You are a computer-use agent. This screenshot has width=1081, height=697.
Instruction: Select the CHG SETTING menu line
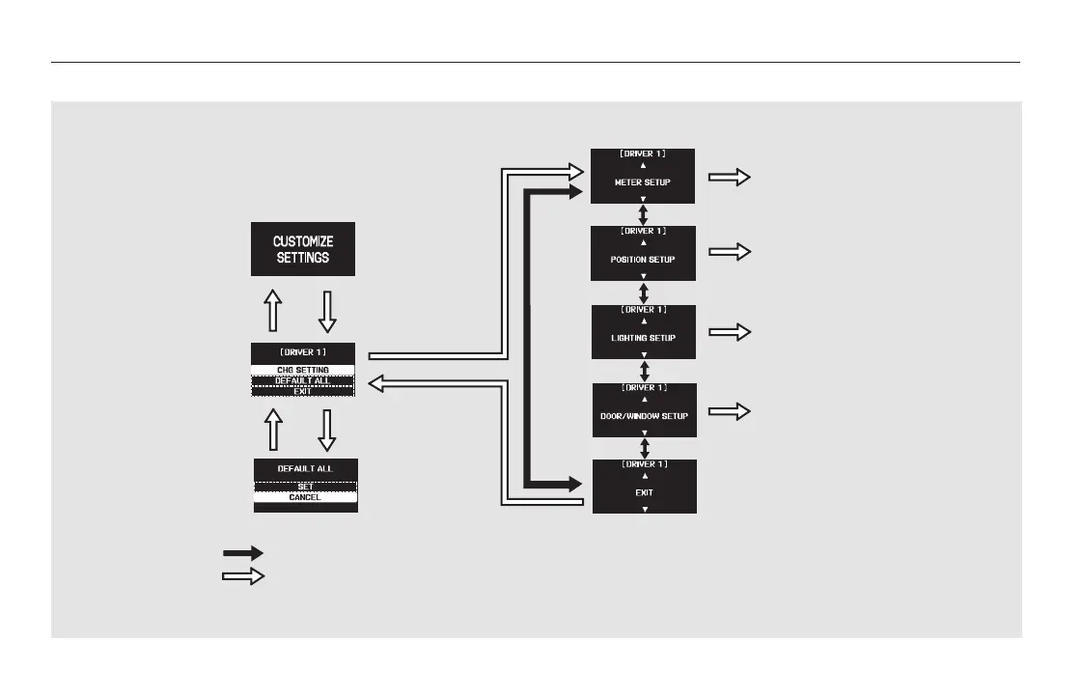pyautogui.click(x=303, y=370)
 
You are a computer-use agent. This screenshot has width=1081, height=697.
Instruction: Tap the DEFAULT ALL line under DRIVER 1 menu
pyautogui.click(x=303, y=380)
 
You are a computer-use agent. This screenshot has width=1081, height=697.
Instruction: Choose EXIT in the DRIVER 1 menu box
pyautogui.click(x=303, y=391)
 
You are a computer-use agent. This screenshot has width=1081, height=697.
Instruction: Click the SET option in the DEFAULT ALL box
pyautogui.click(x=305, y=487)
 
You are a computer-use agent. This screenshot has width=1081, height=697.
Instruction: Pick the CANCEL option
pyautogui.click(x=305, y=497)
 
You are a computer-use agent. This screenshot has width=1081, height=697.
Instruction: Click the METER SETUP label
pyautogui.click(x=643, y=181)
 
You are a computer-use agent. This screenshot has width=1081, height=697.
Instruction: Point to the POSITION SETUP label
pyautogui.click(x=643, y=260)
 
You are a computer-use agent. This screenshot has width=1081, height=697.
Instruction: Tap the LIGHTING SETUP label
pyautogui.click(x=643, y=338)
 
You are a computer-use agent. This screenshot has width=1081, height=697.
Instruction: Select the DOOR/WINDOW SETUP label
pyautogui.click(x=643, y=416)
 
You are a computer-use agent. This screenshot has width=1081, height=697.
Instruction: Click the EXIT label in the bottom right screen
pyautogui.click(x=643, y=492)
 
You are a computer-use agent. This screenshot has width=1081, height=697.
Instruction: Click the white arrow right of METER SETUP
pyautogui.click(x=730, y=177)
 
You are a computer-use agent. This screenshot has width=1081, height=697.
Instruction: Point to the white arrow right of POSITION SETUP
pyautogui.click(x=730, y=252)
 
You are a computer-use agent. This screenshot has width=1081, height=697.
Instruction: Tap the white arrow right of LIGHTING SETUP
pyautogui.click(x=730, y=331)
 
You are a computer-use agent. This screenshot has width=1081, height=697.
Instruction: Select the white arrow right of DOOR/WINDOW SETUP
pyautogui.click(x=730, y=410)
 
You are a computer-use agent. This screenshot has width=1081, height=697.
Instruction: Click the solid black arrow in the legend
pyautogui.click(x=243, y=554)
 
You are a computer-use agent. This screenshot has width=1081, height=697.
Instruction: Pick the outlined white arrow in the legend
pyautogui.click(x=243, y=576)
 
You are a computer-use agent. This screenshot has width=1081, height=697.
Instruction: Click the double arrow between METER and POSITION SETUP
pyautogui.click(x=644, y=214)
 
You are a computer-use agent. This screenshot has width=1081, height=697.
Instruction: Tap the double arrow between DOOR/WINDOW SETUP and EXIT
pyautogui.click(x=644, y=448)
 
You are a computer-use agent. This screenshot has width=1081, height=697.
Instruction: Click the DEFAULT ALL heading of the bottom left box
pyautogui.click(x=305, y=468)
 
